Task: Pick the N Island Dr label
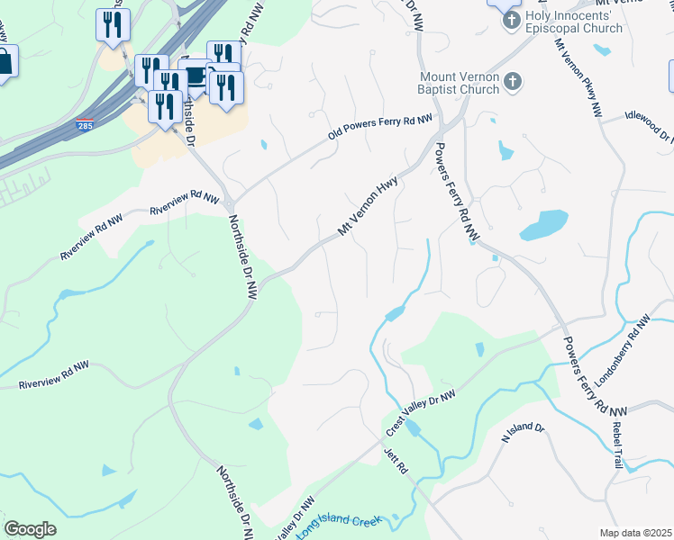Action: tap(524, 435)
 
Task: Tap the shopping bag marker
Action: tap(5, 63)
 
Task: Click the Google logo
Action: tap(30, 529)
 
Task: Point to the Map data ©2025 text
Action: tap(634, 533)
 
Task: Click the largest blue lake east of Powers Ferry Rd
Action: tap(543, 224)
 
